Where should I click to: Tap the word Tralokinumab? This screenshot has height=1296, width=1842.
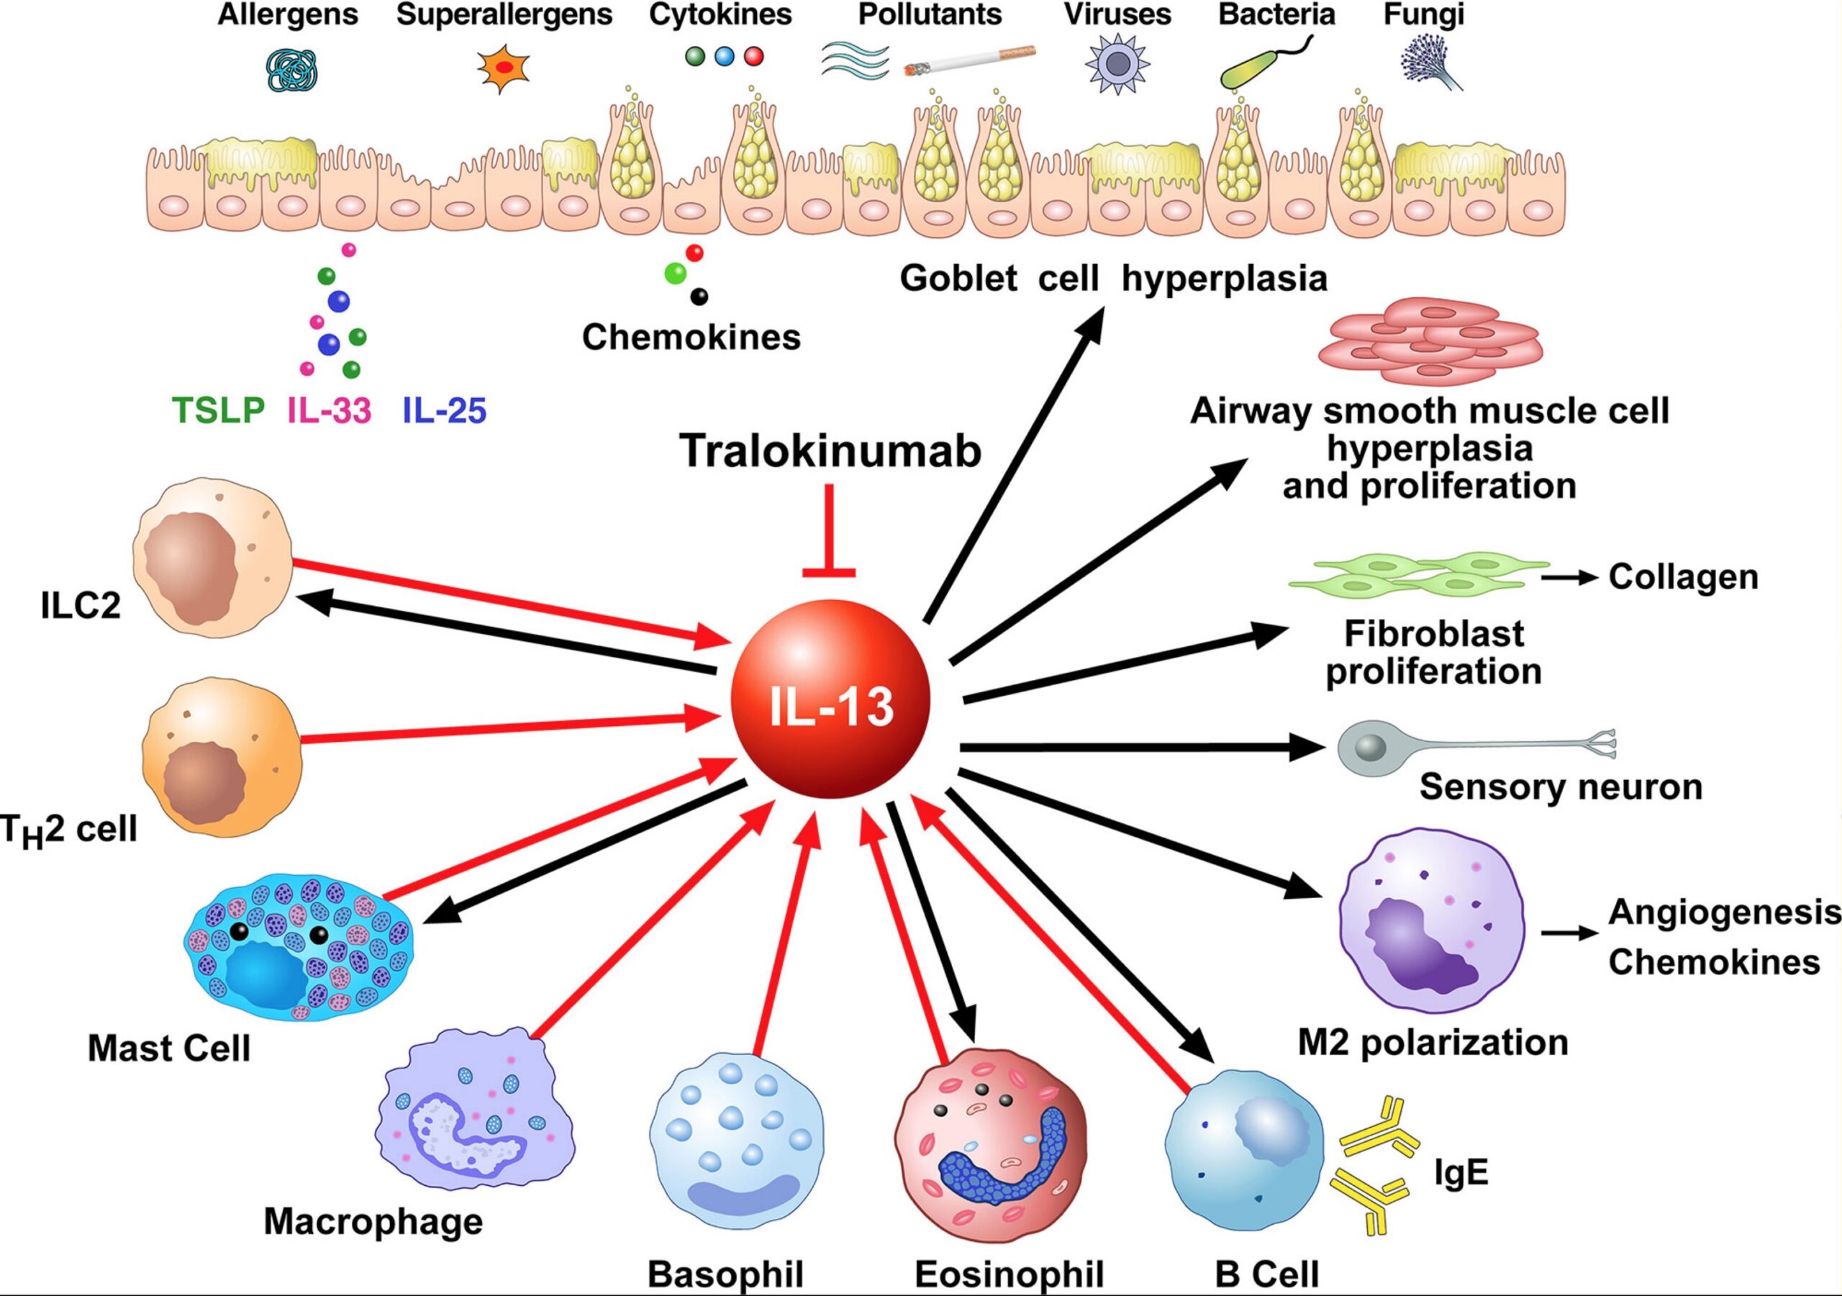[x=830, y=451]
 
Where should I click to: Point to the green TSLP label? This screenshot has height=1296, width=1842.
[x=218, y=411]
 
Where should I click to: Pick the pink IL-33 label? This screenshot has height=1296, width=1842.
[x=330, y=411]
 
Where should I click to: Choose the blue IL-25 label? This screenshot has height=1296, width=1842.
[x=444, y=411]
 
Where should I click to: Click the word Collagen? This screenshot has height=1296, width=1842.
[x=1683, y=577]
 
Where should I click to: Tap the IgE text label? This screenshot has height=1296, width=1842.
[x=1461, y=1173]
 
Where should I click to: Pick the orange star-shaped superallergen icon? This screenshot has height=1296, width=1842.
[x=503, y=69]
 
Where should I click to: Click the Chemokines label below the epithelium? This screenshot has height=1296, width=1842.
[x=691, y=337]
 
